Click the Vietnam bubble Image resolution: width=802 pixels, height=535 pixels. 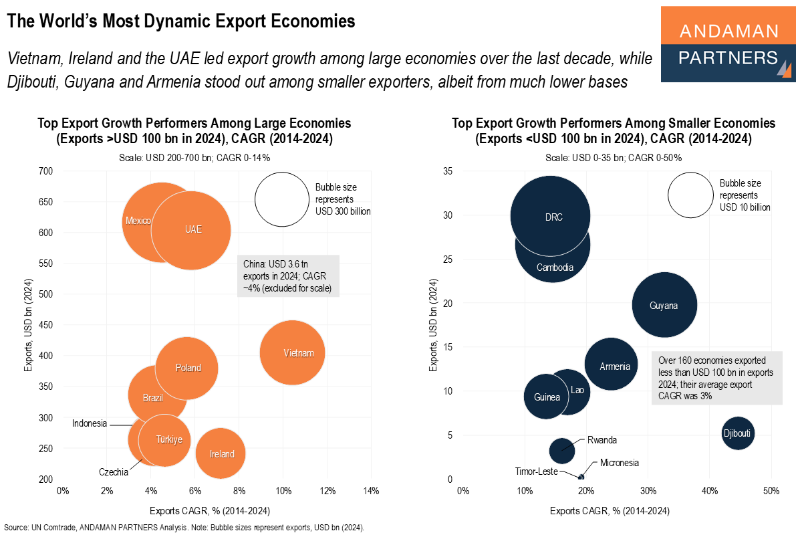pyautogui.click(x=292, y=353)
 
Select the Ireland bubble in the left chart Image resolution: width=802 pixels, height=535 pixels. pyautogui.click(x=221, y=454)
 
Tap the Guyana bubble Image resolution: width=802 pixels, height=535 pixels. pyautogui.click(x=664, y=305)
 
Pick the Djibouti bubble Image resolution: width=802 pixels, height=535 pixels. pyautogui.click(x=738, y=434)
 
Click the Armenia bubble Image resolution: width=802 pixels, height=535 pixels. pyautogui.click(x=612, y=365)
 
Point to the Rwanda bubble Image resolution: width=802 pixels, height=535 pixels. pyautogui.click(x=561, y=450)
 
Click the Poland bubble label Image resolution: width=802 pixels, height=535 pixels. pyautogui.click(x=188, y=368)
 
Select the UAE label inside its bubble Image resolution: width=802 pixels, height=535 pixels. pyautogui.click(x=193, y=229)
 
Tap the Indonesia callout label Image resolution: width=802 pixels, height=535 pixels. pyautogui.click(x=90, y=423)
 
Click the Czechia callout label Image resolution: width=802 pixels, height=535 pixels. pyautogui.click(x=114, y=472)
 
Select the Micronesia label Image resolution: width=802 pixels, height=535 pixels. pyautogui.click(x=619, y=463)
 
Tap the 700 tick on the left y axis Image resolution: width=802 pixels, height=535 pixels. pyautogui.click(x=45, y=171)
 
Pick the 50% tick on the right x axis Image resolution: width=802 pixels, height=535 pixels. pyautogui.click(x=771, y=492)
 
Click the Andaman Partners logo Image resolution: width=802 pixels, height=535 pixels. pyautogui.click(x=728, y=44)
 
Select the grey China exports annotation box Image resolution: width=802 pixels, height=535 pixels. pyautogui.click(x=289, y=275)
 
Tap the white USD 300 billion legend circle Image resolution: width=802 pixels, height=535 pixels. pyautogui.click(x=282, y=199)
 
